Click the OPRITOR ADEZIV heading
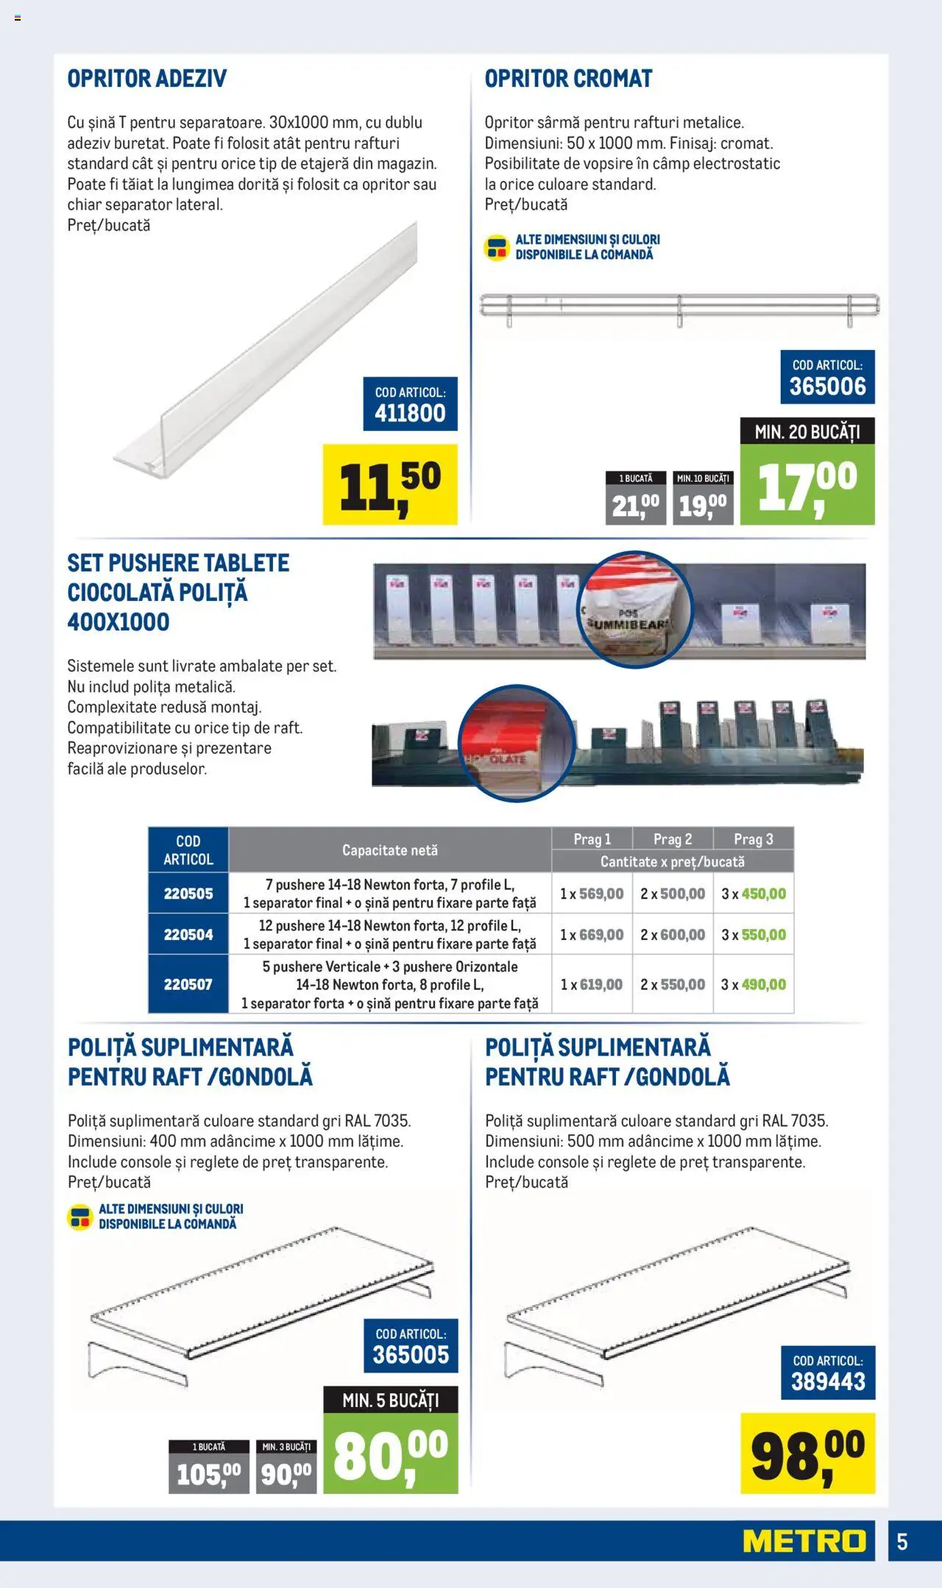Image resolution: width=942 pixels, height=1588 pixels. coord(147,79)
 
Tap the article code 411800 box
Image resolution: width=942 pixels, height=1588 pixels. coord(410,404)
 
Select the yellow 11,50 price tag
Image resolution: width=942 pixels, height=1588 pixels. coord(390,484)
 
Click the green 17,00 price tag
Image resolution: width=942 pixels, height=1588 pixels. coord(807,484)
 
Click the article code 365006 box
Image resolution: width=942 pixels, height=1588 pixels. coord(827,377)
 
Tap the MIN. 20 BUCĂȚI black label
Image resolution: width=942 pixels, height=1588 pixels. coord(807,432)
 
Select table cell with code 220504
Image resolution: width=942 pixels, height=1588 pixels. coord(188,934)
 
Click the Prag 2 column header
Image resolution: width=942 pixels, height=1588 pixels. coord(673,839)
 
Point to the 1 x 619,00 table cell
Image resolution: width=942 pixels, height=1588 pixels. coord(592,984)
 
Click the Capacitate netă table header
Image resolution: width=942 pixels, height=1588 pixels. coord(390,850)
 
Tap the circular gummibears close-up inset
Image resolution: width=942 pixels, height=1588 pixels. coord(634,609)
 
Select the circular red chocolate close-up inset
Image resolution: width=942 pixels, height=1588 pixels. coord(516,742)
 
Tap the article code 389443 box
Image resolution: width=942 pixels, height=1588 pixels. coord(828,1372)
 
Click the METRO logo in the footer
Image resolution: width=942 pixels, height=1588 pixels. coord(804,1540)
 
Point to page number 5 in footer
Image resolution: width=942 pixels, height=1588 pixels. coord(902,1541)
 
